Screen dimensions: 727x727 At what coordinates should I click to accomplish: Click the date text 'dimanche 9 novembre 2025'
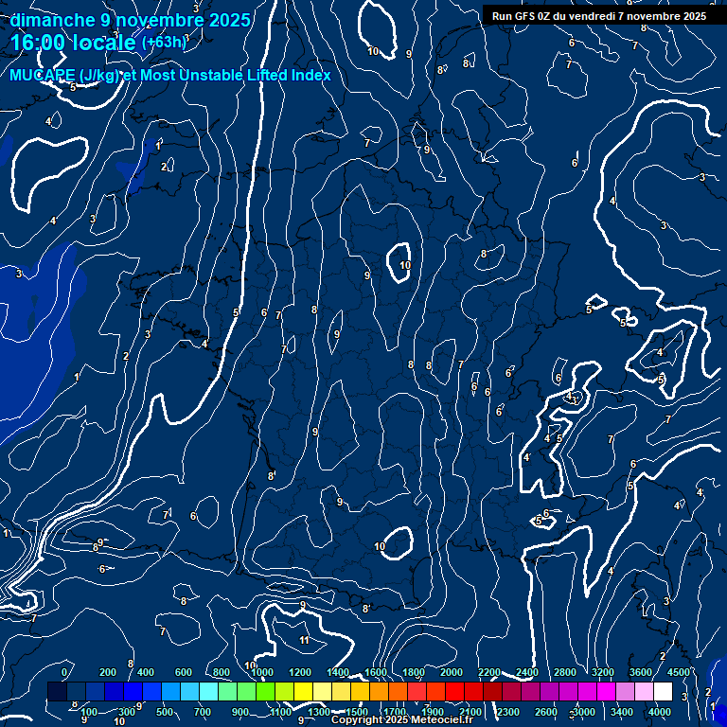(x=133, y=20)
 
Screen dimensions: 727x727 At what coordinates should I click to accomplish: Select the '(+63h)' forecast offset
(x=164, y=43)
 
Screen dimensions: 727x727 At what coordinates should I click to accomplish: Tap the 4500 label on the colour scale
(x=678, y=672)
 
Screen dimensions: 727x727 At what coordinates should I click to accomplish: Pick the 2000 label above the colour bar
(x=452, y=672)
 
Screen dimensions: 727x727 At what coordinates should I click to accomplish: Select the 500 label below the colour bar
(x=165, y=712)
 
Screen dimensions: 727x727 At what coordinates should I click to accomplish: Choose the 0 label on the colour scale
(x=64, y=672)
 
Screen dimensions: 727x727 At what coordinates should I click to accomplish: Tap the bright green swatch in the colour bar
(x=265, y=692)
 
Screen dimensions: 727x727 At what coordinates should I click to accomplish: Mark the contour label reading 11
(x=304, y=641)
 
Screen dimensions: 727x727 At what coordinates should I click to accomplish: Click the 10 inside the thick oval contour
(x=405, y=266)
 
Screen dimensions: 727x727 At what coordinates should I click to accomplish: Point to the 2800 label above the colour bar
(x=565, y=672)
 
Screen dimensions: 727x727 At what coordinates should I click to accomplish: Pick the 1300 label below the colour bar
(x=319, y=712)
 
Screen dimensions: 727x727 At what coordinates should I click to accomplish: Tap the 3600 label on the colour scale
(x=641, y=672)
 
